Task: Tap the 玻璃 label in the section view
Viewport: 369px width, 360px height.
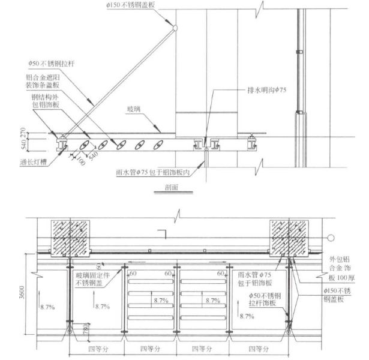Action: click(133, 109)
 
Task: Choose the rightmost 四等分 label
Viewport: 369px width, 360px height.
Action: click(256, 349)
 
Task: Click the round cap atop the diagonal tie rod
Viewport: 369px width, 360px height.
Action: click(175, 28)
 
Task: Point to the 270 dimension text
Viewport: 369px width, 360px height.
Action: click(25, 132)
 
